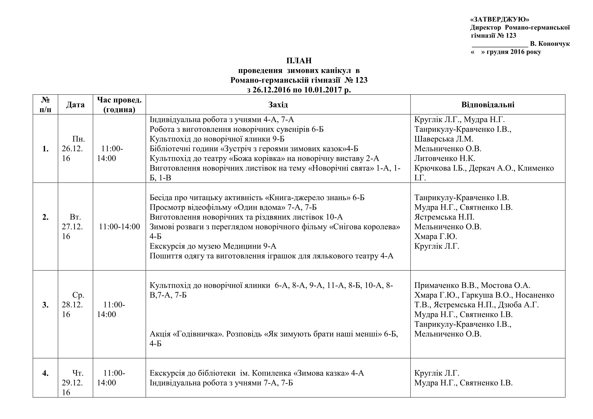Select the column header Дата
tap(75, 105)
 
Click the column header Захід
tap(278, 105)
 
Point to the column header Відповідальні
tap(488, 105)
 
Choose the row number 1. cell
tap(45, 149)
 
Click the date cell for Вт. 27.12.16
tap(75, 226)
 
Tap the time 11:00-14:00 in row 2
tap(119, 226)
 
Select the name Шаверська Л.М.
tap(444, 139)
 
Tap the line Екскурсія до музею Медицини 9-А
tap(213, 246)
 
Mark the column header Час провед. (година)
tap(119, 105)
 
